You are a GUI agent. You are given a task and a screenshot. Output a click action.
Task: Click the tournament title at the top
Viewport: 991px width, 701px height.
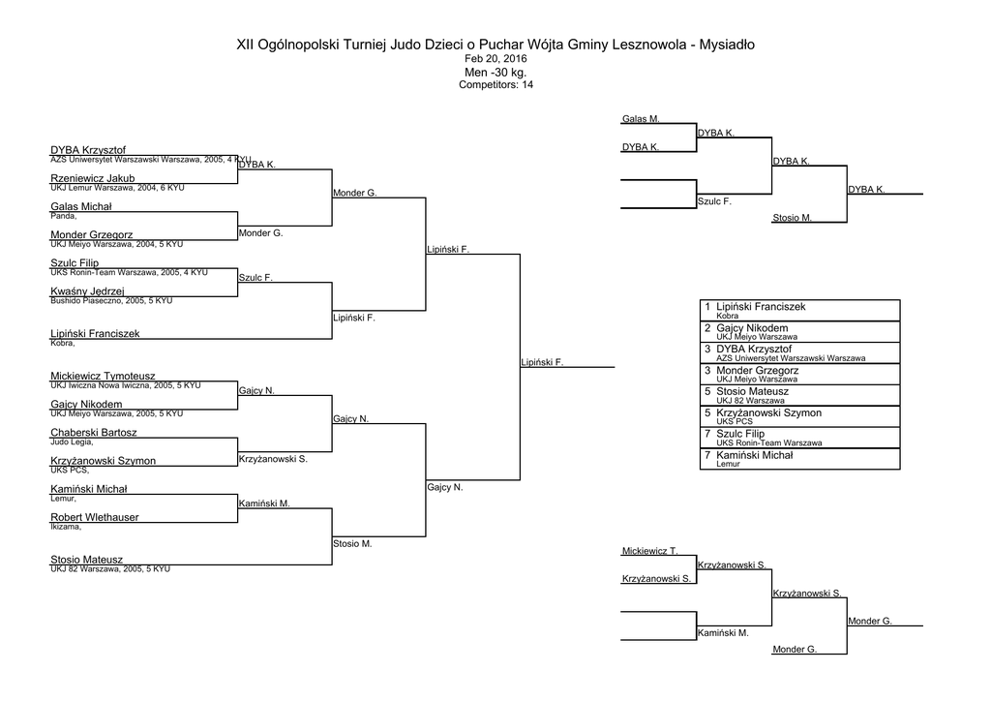495,45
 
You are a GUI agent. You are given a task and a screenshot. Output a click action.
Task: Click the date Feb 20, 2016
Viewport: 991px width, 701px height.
495,59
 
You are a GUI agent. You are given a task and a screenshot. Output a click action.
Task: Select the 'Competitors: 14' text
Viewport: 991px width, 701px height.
495,84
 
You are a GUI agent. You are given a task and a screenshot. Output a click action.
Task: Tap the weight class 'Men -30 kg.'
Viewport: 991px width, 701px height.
495,72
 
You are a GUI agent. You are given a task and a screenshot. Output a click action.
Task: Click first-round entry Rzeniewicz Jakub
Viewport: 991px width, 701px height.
93,178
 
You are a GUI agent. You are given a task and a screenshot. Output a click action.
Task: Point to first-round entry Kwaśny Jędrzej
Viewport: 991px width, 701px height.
87,291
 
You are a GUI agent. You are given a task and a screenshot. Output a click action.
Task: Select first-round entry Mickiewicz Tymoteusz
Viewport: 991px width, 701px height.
103,376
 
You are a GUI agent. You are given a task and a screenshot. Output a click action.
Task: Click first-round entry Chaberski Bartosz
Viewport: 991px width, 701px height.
94,433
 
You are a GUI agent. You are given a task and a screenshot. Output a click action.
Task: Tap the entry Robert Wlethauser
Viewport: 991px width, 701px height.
95,517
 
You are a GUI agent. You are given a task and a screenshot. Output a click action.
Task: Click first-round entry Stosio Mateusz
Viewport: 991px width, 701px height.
86,560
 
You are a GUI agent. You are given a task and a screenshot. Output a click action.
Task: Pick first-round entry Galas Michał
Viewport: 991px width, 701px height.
81,206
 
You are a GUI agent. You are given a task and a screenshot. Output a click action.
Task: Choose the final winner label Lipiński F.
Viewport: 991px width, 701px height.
542,362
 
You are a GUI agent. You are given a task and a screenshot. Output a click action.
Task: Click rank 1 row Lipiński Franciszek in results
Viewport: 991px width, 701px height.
799,311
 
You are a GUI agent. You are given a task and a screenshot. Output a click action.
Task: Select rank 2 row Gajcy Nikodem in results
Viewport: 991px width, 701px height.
799,332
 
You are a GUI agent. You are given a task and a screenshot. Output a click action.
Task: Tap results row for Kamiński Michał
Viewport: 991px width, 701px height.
799,458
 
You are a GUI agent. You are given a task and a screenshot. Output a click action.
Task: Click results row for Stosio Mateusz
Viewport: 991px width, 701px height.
799,395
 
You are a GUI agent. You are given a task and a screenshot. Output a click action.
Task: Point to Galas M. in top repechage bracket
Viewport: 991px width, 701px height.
641,119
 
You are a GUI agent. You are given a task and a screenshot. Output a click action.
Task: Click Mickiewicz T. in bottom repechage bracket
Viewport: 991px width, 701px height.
649,551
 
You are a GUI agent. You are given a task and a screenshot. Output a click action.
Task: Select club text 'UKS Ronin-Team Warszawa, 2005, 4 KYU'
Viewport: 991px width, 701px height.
129,272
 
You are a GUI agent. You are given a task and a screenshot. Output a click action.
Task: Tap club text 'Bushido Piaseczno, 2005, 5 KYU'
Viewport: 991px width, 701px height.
111,301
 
